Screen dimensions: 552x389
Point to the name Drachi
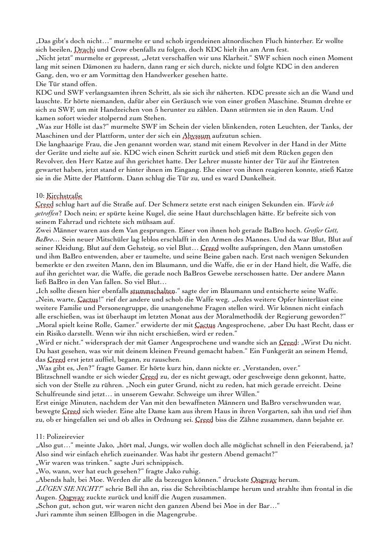pyautogui.click(x=85, y=49)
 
